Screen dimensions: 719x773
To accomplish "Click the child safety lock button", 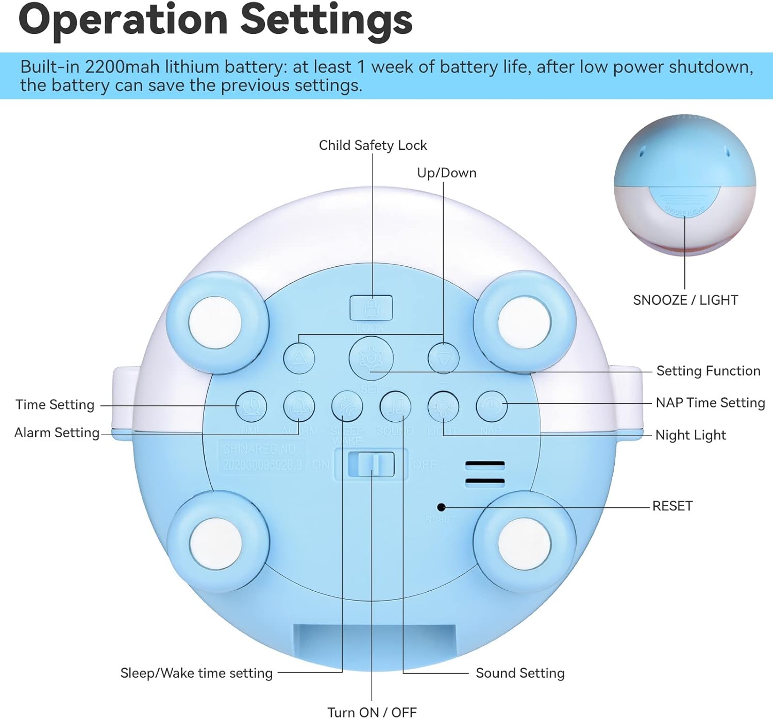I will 371,307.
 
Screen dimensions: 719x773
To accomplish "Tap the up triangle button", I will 299,358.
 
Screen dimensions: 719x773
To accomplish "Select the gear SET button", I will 371,358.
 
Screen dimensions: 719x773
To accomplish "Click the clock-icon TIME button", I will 251,406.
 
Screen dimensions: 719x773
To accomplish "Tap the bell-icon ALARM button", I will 299,406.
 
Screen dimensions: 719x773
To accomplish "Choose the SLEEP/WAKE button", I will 347,406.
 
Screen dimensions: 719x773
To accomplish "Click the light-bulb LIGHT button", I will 443,406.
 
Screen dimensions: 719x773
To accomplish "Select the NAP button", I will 491,406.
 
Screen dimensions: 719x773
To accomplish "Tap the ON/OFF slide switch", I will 371,464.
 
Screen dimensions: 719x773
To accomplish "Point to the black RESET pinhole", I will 441,507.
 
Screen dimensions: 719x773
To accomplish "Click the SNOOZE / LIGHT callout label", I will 685,300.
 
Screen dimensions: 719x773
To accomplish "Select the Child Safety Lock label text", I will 373,145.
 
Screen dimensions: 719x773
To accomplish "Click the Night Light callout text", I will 691,435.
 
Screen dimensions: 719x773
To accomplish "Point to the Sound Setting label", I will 520,673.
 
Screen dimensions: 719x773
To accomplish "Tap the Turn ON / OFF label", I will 372,712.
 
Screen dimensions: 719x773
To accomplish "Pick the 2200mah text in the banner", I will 122,67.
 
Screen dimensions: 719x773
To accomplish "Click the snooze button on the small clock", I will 684,202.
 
